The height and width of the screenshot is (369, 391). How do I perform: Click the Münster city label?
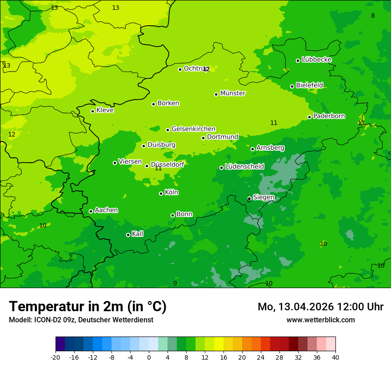233,93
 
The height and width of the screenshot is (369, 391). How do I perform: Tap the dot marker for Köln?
161,193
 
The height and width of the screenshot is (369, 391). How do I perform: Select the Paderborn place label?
329,116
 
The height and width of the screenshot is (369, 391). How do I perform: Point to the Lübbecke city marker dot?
298,60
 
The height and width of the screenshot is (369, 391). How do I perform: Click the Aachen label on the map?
106,210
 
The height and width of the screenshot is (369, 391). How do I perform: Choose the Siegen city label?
263,197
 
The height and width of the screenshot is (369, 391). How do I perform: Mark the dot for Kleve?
92,111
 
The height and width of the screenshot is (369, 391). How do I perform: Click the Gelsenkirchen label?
193,129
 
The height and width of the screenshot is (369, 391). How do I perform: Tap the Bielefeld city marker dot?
292,86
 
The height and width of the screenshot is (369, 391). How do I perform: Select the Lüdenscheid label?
244,167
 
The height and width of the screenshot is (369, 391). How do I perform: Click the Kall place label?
138,234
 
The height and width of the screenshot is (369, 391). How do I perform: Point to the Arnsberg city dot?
252,149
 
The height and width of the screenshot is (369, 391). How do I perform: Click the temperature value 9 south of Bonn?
175,283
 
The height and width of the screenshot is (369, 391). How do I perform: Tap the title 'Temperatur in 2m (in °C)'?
88,306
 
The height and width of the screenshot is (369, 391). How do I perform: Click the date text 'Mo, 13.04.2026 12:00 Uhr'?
320,307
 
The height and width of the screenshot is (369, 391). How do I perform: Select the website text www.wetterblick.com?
320,320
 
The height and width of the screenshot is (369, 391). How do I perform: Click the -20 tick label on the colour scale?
56,357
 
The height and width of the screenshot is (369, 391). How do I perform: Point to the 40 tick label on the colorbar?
335,357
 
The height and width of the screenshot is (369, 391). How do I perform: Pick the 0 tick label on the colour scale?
149,357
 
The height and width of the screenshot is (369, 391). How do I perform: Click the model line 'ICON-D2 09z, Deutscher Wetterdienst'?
81,320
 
